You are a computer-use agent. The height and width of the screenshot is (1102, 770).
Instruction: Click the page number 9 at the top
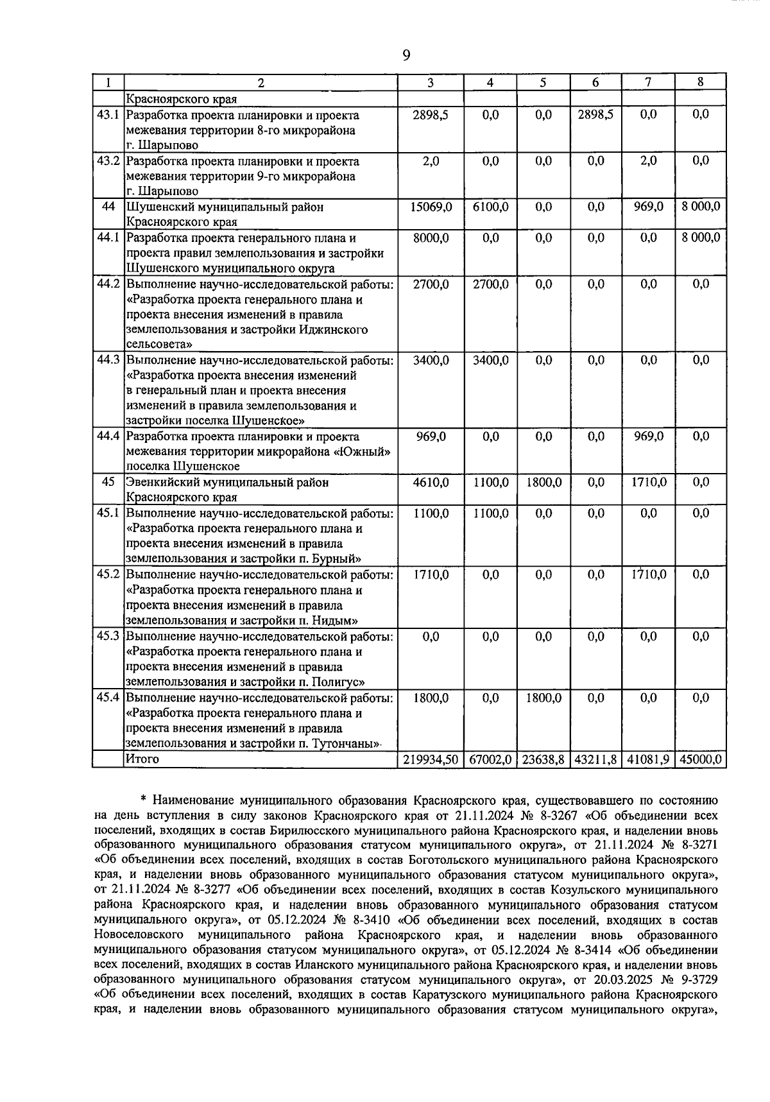(x=406, y=55)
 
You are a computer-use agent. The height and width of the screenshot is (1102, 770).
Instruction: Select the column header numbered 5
(x=543, y=82)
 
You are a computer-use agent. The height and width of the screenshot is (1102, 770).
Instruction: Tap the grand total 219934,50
(x=431, y=759)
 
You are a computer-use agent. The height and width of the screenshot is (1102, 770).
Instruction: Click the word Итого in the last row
(x=142, y=759)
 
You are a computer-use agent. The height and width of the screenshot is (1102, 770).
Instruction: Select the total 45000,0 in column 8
(x=701, y=759)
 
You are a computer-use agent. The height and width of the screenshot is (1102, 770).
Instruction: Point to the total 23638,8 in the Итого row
(x=543, y=759)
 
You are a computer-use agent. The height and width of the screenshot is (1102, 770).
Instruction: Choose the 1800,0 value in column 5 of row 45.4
(x=543, y=698)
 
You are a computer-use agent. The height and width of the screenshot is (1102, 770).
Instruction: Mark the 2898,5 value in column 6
(x=595, y=115)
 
